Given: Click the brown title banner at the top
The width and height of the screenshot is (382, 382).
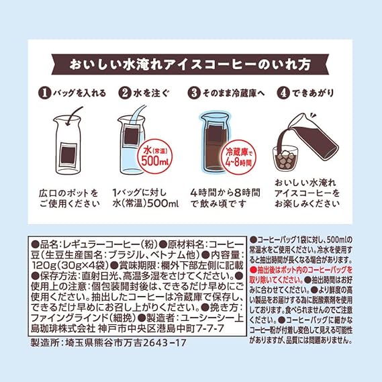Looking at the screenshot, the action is [x=190, y=64].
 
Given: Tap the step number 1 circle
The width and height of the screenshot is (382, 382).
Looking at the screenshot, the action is [x=44, y=93].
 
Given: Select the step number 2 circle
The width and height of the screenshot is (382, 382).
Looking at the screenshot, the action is [x=125, y=93].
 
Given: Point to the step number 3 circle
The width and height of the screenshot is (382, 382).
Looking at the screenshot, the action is [x=194, y=93].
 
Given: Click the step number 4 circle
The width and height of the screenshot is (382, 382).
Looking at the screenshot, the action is [x=283, y=93].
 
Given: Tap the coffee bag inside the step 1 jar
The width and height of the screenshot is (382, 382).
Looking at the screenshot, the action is [x=68, y=155].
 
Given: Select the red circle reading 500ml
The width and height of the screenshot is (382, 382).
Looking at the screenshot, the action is [x=154, y=156].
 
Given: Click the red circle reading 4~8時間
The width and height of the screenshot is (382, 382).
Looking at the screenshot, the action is [x=238, y=156].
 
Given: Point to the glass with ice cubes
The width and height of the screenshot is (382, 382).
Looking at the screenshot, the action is [x=285, y=158].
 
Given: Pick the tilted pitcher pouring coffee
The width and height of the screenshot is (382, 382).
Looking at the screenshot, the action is [x=311, y=136].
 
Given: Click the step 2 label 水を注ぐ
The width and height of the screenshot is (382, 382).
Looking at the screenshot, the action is [x=151, y=93].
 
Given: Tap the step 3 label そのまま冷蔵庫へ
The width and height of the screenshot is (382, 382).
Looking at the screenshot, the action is [x=234, y=93].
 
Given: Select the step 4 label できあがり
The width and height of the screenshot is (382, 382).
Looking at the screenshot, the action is [x=313, y=93].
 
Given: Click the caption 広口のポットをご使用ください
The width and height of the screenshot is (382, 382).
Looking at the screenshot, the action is [x=69, y=199].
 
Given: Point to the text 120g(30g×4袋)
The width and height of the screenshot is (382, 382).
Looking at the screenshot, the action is [x=70, y=265].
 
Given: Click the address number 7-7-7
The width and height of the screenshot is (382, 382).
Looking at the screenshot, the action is [x=210, y=328].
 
